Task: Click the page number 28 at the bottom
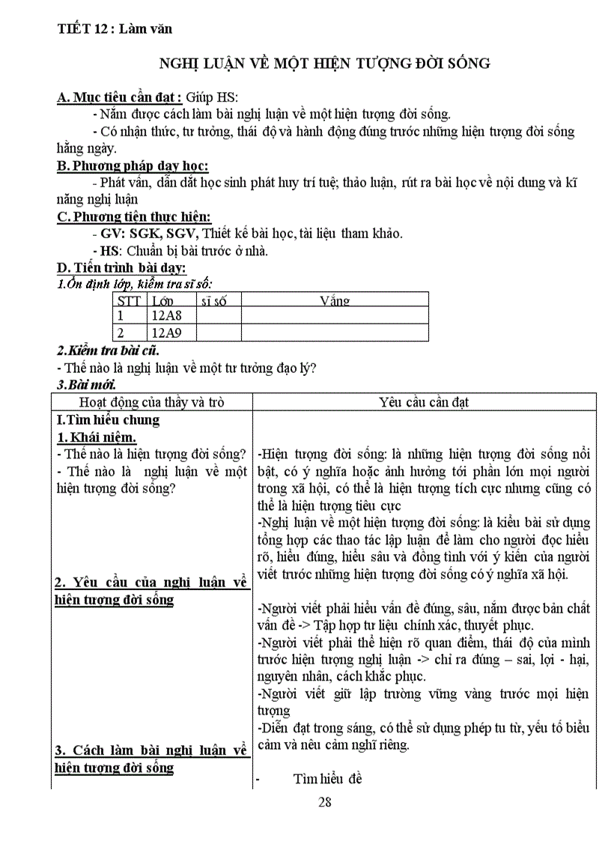pos(324,803)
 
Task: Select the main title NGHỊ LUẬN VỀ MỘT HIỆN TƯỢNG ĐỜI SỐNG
pos(326,64)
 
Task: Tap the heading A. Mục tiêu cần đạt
pos(119,97)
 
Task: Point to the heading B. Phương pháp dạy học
pos(133,166)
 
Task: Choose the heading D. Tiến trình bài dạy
pos(122,267)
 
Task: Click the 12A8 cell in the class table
pos(166,315)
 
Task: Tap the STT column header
pos(130,301)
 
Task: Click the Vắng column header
pos(335,301)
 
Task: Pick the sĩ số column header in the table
pos(214,301)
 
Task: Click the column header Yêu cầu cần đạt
pos(424,402)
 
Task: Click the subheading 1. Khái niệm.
pos(97,437)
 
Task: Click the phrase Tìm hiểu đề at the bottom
pos(328,779)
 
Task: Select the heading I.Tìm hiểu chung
pos(108,420)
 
